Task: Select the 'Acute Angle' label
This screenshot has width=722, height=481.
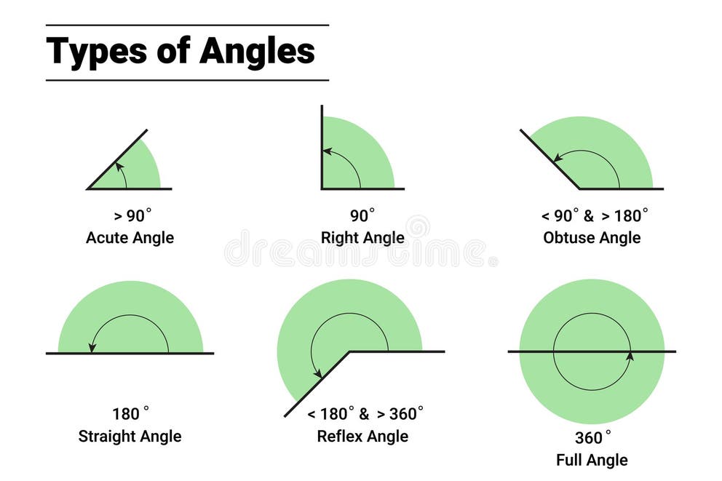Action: [130, 238]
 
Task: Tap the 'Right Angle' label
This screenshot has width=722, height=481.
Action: [362, 238]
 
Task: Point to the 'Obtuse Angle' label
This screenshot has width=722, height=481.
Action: [592, 238]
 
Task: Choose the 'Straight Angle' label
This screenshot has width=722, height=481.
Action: [130, 436]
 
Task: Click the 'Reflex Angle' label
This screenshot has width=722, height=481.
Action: [362, 436]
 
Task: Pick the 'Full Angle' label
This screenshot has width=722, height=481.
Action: [592, 460]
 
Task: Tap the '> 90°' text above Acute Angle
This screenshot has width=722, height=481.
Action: [132, 216]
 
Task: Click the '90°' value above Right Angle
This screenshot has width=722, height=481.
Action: [362, 216]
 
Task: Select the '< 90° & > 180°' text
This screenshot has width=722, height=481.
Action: [594, 216]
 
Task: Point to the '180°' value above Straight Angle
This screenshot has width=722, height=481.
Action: [130, 414]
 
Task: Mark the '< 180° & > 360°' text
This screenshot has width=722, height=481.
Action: [365, 414]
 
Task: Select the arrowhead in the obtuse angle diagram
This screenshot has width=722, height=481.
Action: [558, 157]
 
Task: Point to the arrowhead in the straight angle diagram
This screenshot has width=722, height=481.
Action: [92, 348]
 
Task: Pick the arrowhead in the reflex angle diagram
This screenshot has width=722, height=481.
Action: [318, 374]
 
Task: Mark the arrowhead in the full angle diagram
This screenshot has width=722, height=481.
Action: [630, 355]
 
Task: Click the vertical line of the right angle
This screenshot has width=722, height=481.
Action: [322, 146]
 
